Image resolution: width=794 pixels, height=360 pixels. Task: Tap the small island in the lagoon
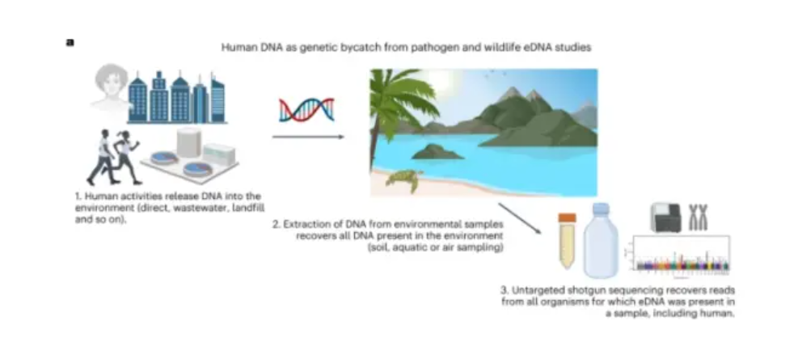pos(437,151)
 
